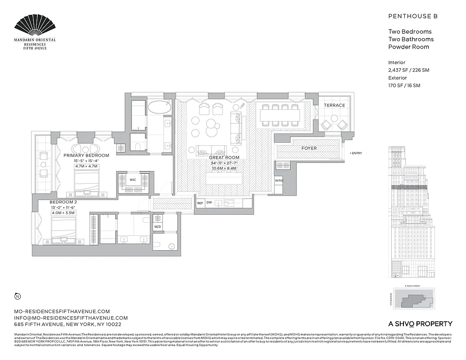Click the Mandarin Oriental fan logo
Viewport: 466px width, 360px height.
coord(35,26)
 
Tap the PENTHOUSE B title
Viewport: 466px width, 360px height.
coord(413,16)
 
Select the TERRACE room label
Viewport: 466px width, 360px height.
coord(334,105)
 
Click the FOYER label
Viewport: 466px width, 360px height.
coord(309,148)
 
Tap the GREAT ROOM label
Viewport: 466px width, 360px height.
coord(224,157)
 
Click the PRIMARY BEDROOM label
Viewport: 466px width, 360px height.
coord(86,155)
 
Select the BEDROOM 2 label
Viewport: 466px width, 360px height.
coord(63,202)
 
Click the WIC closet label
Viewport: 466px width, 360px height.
coord(133,180)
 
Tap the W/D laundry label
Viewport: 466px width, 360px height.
coord(158,227)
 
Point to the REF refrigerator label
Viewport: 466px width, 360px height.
coord(200,203)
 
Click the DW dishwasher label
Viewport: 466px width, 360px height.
coord(209,203)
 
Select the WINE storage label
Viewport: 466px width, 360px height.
coord(279,180)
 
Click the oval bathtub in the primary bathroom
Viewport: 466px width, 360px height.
coord(159,108)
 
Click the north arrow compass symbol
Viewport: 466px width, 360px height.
coord(18,296)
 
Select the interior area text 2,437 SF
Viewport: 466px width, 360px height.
coord(398,70)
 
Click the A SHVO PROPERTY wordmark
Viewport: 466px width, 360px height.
coord(420,324)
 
